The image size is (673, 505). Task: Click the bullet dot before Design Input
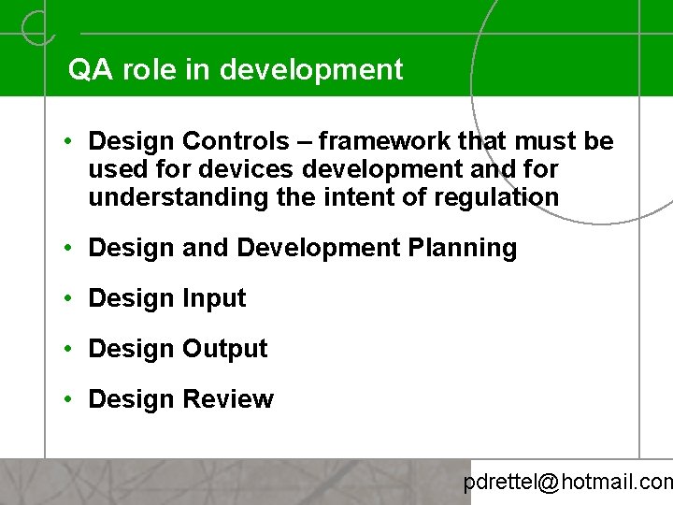pos(70,298)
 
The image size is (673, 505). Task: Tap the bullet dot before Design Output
pos(70,349)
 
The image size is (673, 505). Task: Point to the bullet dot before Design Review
pos(70,399)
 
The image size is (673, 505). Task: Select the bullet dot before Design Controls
pos(70,141)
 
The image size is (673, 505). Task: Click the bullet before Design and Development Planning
pos(70,248)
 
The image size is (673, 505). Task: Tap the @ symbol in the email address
pos(549,483)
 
